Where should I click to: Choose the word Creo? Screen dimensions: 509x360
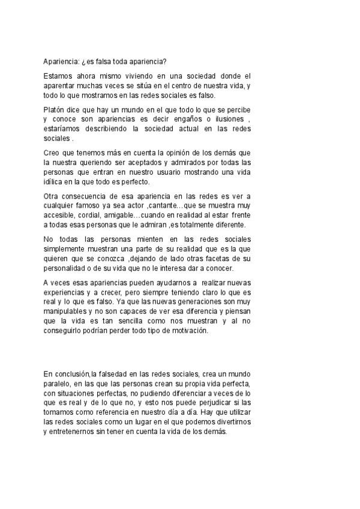pos(53,153)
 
